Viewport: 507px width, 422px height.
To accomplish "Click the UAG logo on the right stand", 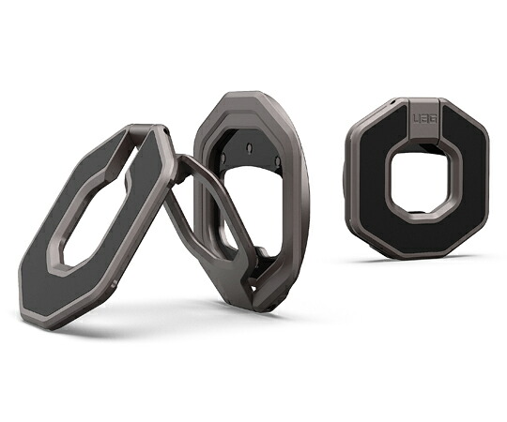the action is click(424, 118).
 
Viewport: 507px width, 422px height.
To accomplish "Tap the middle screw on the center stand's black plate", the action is click(250, 148).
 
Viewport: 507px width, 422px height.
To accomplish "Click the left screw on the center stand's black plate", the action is click(223, 158).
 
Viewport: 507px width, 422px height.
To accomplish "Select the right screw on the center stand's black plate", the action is click(277, 160).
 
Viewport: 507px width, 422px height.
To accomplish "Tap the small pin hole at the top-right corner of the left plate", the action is click(166, 131).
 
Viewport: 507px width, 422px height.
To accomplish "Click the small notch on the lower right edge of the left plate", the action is click(114, 284).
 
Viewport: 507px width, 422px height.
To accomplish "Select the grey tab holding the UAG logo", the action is click(424, 122).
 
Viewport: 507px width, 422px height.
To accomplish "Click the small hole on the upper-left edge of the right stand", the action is click(392, 102).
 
